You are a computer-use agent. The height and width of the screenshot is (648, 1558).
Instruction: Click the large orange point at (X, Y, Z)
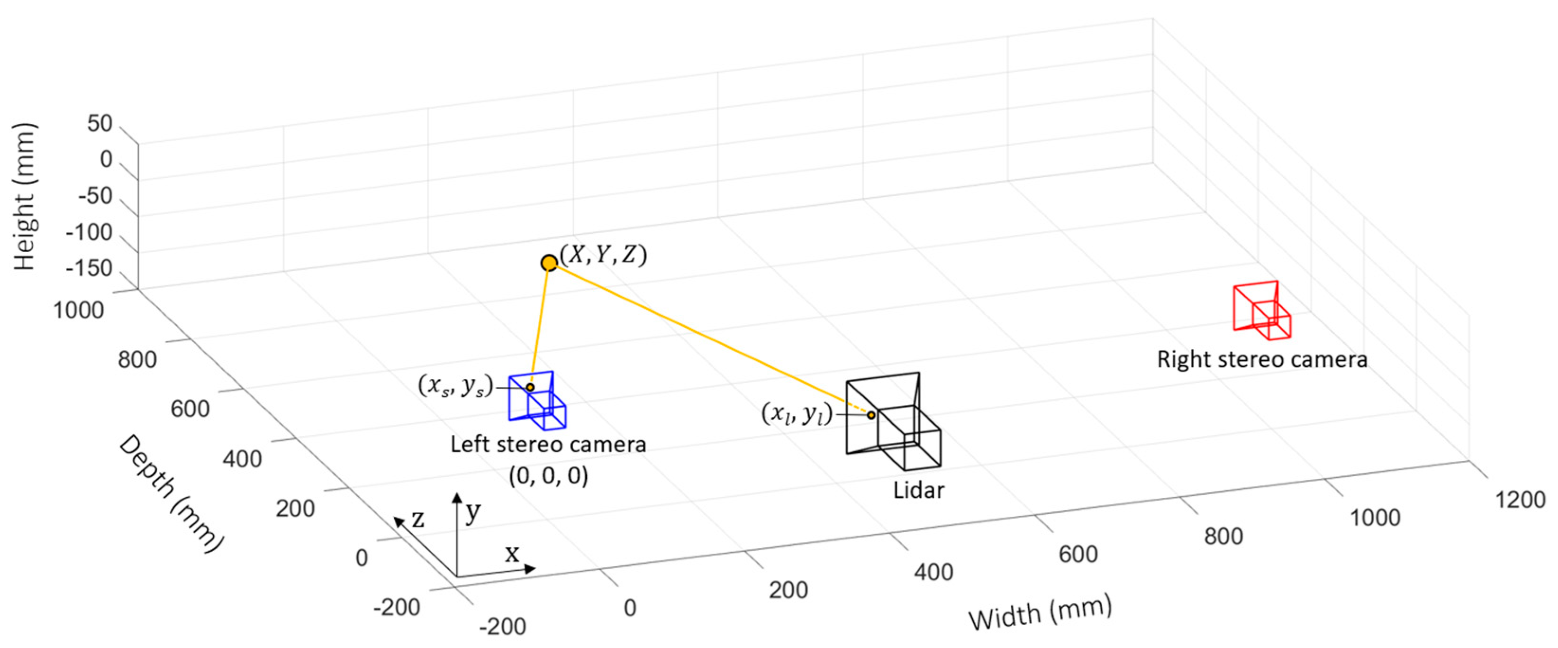(549, 263)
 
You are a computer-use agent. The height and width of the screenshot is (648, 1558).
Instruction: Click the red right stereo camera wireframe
(1262, 310)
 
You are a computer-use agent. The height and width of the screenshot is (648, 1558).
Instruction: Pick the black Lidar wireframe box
(893, 421)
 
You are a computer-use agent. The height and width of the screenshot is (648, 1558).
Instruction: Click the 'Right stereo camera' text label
(1262, 359)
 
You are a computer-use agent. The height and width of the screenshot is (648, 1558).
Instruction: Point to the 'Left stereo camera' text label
(548, 445)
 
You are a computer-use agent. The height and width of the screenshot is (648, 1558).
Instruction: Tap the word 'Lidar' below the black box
(918, 490)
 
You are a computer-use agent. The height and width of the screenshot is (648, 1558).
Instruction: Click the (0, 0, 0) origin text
(548, 476)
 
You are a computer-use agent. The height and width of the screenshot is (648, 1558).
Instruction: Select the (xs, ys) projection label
(455, 386)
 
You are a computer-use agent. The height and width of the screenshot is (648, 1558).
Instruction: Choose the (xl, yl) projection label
(797, 414)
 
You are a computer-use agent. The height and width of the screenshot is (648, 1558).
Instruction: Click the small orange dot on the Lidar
(871, 415)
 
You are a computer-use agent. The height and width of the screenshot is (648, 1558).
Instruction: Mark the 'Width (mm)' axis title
(1040, 612)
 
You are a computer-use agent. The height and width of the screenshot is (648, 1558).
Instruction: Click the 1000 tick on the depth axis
(79, 310)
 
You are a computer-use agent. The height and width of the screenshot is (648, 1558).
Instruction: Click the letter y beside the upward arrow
(473, 512)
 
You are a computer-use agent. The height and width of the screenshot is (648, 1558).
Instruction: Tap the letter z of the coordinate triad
(417, 519)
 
